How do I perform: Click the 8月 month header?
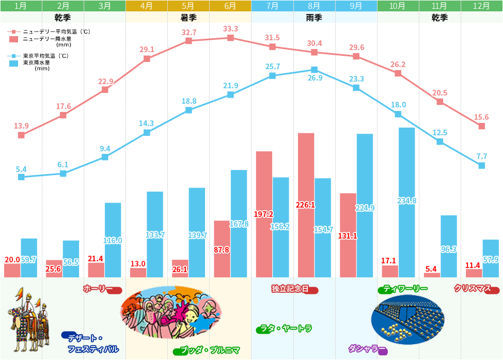pos(314,6)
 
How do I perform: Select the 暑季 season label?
pos(188,17)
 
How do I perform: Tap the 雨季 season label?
pos(314,17)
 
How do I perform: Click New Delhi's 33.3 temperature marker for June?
pos(230,38)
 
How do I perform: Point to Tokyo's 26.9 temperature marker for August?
pos(314,70)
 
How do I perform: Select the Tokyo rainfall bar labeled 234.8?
pos(406,202)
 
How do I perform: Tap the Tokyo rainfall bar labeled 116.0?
pos(113,240)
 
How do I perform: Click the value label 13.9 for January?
pos(21,126)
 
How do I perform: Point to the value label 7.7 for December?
pos(481,156)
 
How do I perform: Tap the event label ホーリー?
pos(98,288)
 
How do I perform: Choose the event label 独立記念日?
pos(290,288)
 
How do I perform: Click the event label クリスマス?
pos(473,288)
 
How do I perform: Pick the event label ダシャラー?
pos(364,349)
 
